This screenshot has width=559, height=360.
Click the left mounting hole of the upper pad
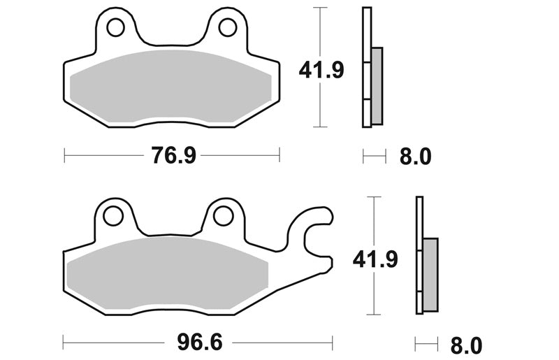(x=115, y=27)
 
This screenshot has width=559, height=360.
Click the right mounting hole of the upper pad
(x=228, y=27)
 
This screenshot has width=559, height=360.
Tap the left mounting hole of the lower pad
(x=113, y=215)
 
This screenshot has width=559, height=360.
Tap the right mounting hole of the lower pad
(x=224, y=215)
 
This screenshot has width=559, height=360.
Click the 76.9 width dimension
(x=173, y=156)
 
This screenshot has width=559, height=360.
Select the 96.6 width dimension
(x=200, y=343)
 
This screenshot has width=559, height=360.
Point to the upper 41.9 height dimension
(x=321, y=70)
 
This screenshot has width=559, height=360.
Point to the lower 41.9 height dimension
(x=375, y=259)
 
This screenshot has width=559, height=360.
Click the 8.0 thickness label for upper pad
(x=415, y=157)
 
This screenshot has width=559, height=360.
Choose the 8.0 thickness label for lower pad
(x=466, y=345)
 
